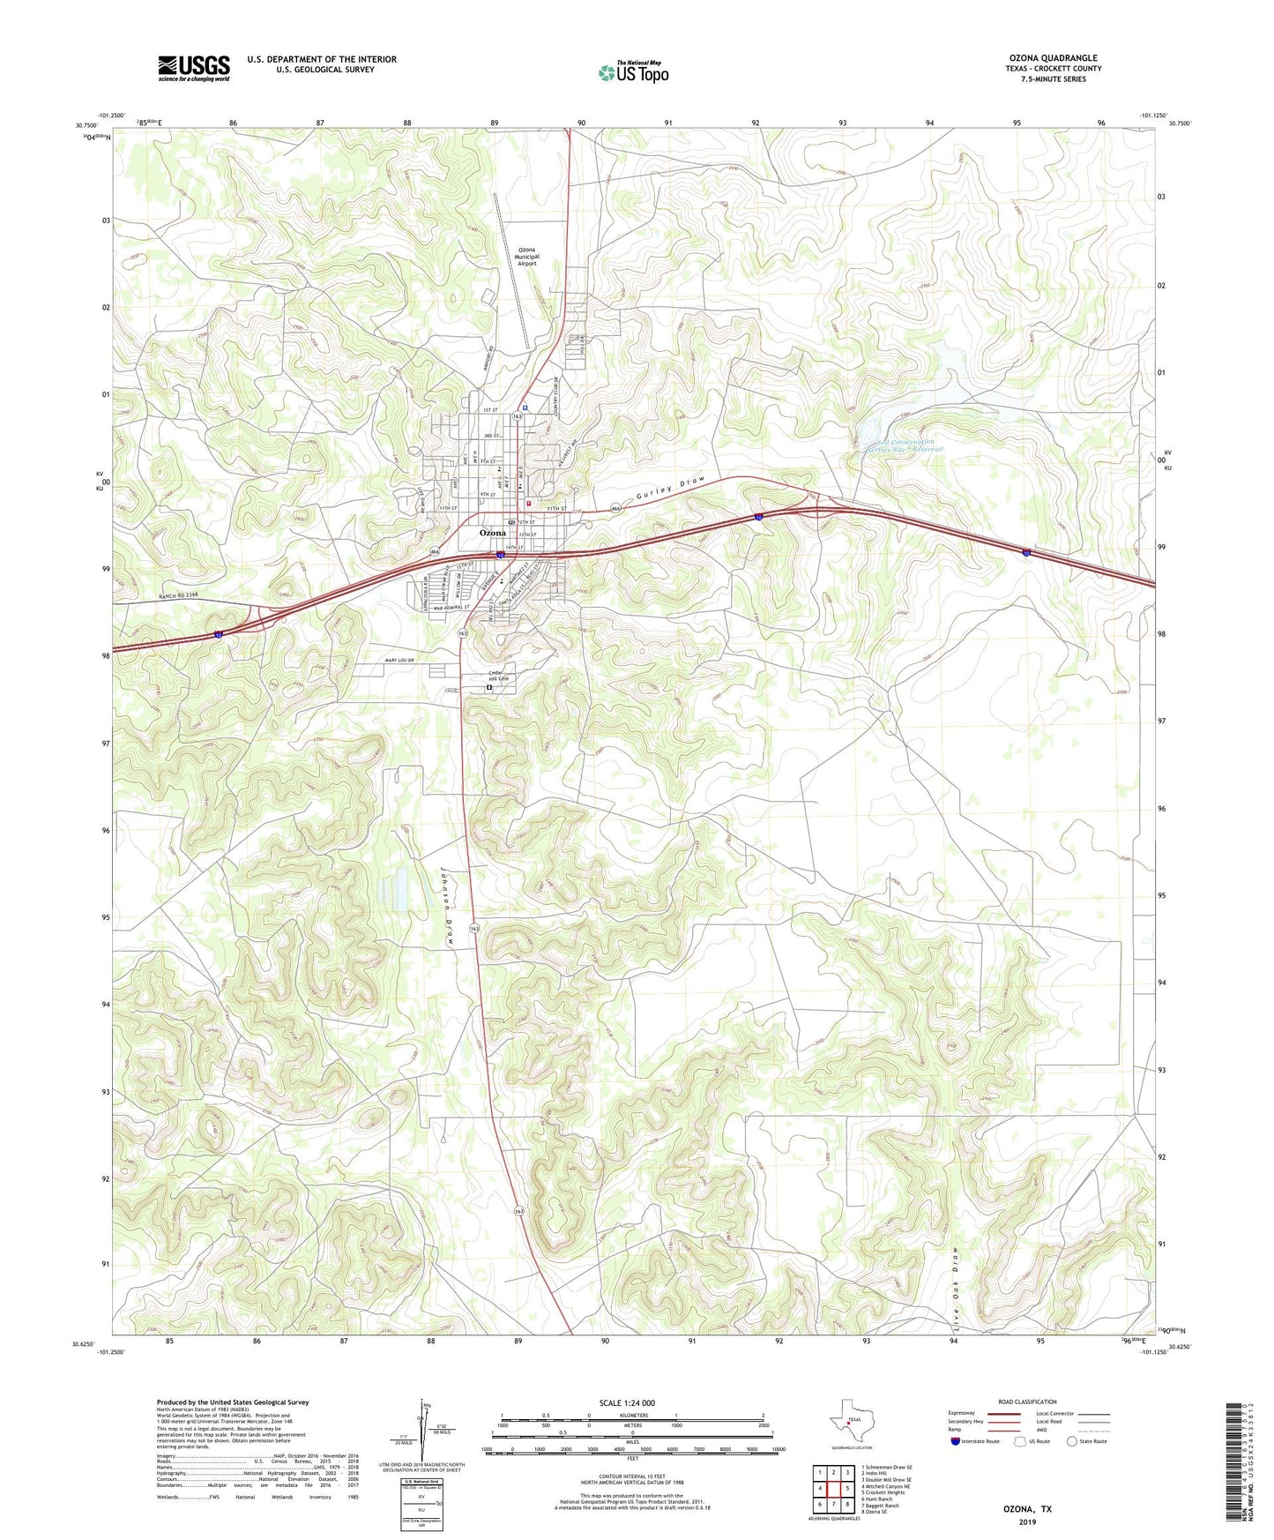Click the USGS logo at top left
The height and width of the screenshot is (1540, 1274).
[x=194, y=68]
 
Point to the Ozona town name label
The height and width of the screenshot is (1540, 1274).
[x=493, y=534]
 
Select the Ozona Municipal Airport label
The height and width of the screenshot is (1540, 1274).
[x=526, y=257]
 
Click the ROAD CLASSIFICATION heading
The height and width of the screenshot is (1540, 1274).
[x=1027, y=1402]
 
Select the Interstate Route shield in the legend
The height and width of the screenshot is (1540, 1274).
[x=956, y=1441]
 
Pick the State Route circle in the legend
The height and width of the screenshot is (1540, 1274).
[x=1071, y=1441]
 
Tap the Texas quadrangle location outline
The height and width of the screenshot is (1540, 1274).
[x=850, y=1419]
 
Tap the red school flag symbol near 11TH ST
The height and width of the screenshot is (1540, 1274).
[x=529, y=504]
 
